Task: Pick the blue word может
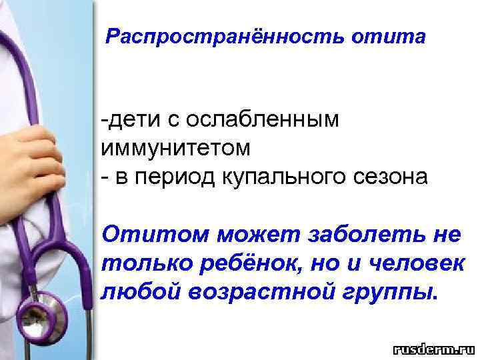pos(257,235)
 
